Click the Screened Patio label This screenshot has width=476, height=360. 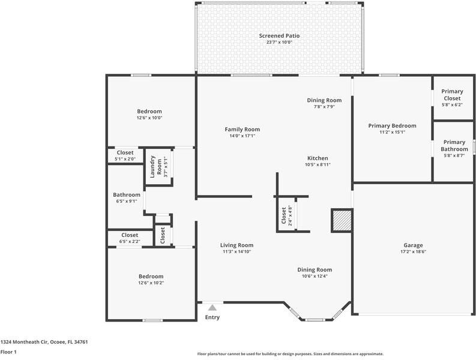(279, 36)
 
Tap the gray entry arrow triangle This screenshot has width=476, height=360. (212, 308)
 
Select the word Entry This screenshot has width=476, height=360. (212, 317)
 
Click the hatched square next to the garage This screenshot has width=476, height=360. (342, 220)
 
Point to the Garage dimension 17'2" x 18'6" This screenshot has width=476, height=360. (413, 251)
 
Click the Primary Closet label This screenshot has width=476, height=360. (452, 95)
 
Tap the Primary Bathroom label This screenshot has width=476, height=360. (454, 146)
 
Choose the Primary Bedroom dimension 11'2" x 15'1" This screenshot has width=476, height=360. (392, 132)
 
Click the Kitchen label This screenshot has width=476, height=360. (318, 158)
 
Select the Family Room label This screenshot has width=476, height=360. (243, 130)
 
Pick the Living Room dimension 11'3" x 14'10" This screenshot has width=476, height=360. (236, 251)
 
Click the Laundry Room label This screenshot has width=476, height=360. (156, 166)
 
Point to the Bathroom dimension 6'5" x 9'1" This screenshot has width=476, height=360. (127, 201)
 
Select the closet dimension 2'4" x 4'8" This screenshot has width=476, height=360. (290, 215)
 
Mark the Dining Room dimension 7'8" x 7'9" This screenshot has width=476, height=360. (324, 107)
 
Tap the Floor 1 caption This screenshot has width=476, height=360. (8, 352)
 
